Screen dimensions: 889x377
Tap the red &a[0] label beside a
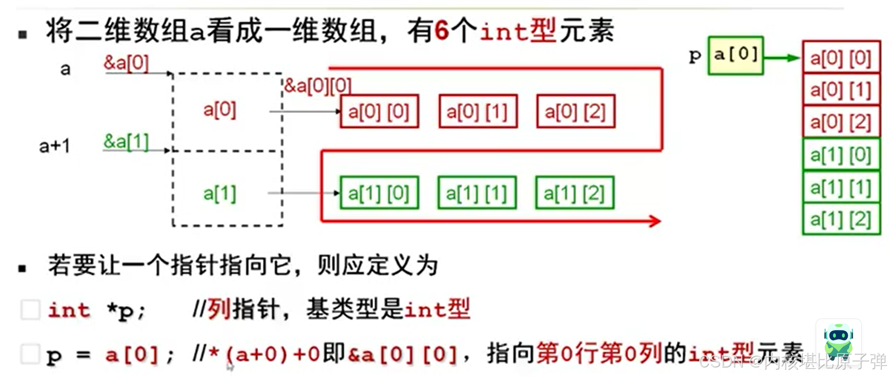[126, 63]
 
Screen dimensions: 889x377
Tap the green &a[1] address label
[126, 141]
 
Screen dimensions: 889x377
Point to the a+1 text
[55, 146]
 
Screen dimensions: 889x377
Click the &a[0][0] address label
[318, 86]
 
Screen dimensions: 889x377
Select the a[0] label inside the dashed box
[220, 110]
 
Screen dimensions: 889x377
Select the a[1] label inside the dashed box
[220, 194]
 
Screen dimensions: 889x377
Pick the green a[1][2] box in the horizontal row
[574, 193]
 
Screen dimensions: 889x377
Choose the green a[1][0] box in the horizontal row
[379, 193]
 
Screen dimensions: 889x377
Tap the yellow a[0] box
[735, 55]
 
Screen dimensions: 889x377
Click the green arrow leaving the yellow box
[782, 58]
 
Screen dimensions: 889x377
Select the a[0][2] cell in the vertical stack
[841, 122]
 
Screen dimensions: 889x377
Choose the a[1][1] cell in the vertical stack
[841, 187]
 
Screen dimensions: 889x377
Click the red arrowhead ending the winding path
[655, 221]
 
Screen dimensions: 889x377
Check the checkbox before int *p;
[30, 309]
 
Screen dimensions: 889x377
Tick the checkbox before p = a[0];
[30, 354]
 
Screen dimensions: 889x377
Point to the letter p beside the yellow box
[695, 56]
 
